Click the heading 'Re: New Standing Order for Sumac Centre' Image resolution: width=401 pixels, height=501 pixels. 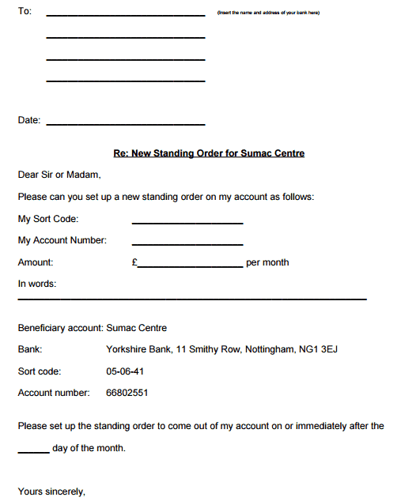coord(209,153)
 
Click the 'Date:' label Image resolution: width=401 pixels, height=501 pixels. coord(28,120)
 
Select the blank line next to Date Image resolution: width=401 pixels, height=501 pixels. coord(126,124)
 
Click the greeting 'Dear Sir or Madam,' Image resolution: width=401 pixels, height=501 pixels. coord(59,175)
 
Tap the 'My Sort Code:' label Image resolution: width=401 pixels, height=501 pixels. coord(47,219)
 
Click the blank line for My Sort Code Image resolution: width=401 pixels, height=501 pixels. coord(187,223)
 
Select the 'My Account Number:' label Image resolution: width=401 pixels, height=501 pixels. coord(62,240)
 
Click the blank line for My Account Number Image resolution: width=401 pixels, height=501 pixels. coord(187,244)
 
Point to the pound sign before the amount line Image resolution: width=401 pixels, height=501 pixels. coord(134,262)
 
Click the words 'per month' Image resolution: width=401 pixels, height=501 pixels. coord(267,262)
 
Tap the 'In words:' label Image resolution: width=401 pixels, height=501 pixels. coord(37,284)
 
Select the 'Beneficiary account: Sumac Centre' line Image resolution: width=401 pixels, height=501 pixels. coord(92,328)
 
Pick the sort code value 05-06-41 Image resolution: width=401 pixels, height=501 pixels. coord(125,371)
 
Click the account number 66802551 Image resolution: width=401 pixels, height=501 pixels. coord(127,392)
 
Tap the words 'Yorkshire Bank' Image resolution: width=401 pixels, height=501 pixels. coord(139,349)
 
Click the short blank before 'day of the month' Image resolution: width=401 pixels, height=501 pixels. coord(33,452)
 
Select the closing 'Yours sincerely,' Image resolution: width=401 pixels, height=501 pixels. coord(51,492)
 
